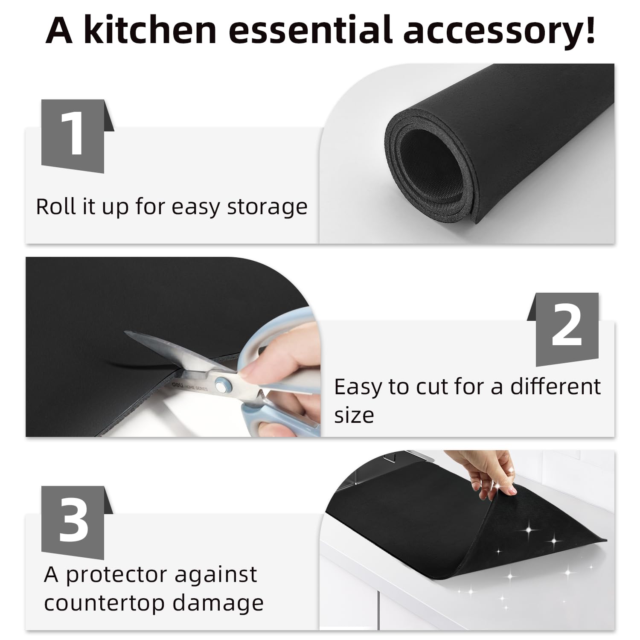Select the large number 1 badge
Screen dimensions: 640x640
point(73,136)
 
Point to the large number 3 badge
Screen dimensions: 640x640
point(73,522)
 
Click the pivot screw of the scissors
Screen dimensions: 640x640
point(221,385)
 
